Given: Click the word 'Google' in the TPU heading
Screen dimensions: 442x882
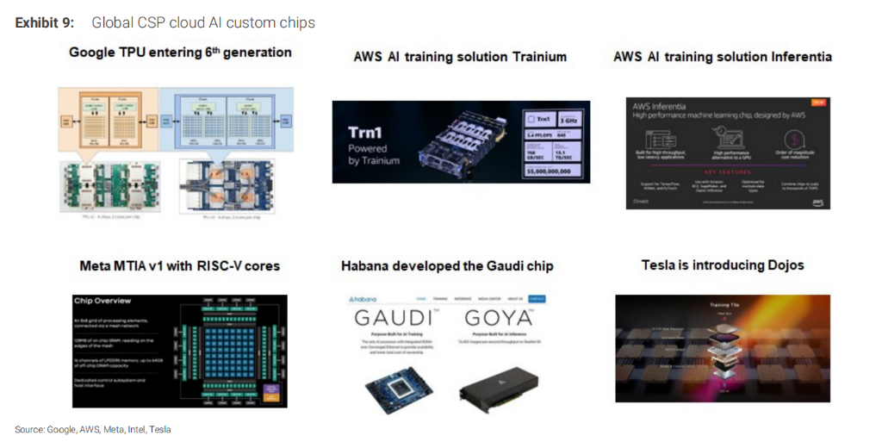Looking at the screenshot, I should tap(92, 53).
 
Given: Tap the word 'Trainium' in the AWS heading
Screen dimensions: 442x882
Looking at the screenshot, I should tap(531, 57).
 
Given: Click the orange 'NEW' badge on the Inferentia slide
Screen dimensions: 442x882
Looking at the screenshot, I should tap(819, 102).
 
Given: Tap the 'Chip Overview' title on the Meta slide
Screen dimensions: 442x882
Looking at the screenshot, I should tap(102, 301).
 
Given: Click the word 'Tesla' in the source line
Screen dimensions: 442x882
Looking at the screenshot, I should tap(159, 429).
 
